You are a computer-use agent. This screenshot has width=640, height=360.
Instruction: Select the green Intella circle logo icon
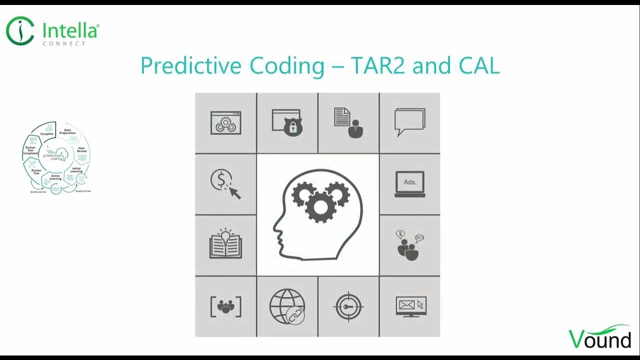click(20, 30)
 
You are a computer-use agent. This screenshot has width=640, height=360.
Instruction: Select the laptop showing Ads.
click(409, 184)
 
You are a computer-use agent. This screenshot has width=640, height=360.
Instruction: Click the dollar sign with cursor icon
click(225, 184)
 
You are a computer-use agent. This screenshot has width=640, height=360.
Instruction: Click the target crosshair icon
click(348, 306)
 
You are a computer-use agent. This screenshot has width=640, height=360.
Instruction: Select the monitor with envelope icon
click(410, 306)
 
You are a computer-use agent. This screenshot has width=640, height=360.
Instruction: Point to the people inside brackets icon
click(225, 306)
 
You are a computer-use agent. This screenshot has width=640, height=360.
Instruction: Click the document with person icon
click(348, 123)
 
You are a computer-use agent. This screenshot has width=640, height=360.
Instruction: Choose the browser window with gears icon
click(225, 123)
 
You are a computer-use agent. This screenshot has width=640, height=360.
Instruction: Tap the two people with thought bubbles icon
click(409, 245)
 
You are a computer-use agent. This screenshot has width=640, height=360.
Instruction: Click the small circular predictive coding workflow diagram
click(57, 157)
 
